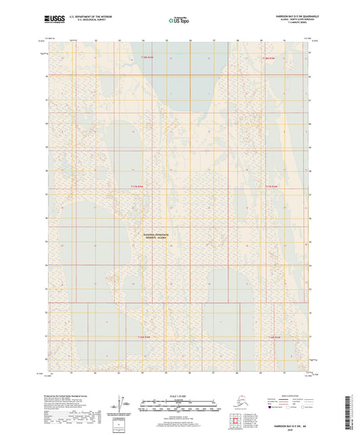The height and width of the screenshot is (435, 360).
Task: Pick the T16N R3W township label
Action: pos(274,336)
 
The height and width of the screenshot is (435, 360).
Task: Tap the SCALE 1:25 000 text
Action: pos(180,396)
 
